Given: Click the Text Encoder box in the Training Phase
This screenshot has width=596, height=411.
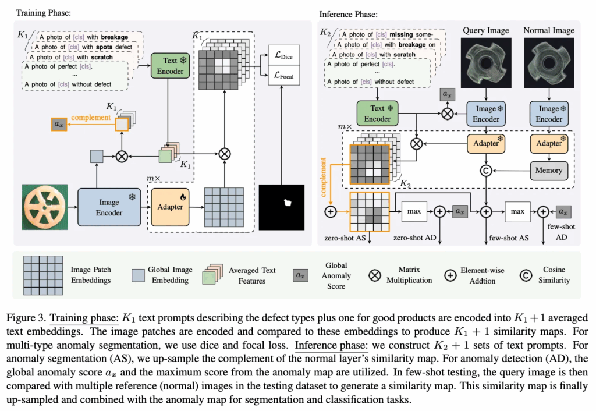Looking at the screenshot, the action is (170, 66).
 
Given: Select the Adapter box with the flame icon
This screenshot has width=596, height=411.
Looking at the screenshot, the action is (170, 207).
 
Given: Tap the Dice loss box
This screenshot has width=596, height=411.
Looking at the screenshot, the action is (283, 55).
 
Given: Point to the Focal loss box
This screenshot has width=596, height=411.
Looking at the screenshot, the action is (283, 75).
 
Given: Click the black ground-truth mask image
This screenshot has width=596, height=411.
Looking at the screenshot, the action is (282, 207).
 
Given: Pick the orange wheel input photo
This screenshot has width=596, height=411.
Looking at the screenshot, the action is (45, 207).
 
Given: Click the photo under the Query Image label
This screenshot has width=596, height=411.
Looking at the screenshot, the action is (486, 63).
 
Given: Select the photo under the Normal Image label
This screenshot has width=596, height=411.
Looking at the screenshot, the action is (549, 63).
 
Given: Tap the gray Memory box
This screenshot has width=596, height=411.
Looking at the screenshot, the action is (549, 171).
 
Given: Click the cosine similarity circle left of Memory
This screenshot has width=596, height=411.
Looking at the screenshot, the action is (486, 171).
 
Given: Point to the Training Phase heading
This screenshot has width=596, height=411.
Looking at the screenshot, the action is (43, 13).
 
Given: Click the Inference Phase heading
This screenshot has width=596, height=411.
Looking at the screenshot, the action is (348, 15).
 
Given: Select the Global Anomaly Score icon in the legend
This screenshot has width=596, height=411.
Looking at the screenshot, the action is (300, 275).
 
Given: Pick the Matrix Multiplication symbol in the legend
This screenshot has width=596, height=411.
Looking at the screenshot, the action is (375, 275).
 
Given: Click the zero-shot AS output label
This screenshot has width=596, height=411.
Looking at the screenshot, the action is (345, 238).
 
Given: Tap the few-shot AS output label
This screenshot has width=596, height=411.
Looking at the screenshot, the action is (509, 238).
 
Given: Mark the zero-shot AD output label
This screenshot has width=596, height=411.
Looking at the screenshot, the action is (414, 238).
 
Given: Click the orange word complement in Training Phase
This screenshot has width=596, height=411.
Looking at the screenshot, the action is (91, 118).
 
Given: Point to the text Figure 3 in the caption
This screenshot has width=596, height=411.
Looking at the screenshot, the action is (26, 318).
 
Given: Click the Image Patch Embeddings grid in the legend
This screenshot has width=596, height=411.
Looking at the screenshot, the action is (43, 275).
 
